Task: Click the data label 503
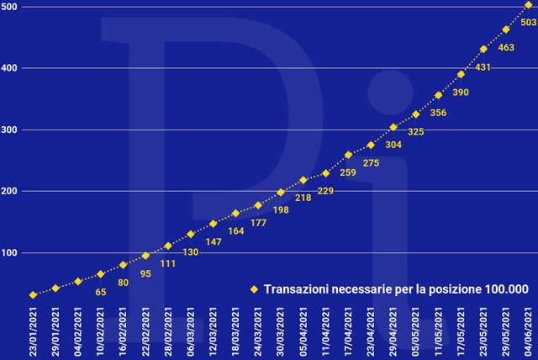529,23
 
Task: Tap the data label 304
393,145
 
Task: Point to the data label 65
100,292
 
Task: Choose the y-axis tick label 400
11,68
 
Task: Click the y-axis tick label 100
11,253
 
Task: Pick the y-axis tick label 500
11,7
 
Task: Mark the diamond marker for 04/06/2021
528,5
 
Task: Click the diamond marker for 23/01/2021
33,295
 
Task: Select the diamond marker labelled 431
483,49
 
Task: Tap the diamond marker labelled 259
348,155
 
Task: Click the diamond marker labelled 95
145,256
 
